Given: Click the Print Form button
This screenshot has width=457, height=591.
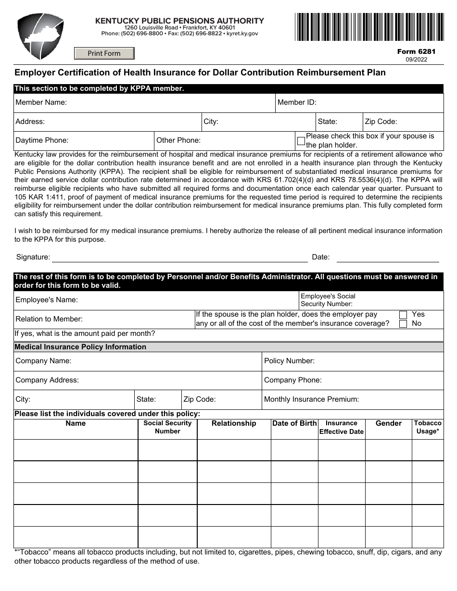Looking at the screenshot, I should (x=104, y=53).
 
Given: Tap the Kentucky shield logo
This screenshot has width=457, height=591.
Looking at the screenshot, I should (x=40, y=37).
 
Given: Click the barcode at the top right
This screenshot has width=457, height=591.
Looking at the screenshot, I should (x=369, y=27).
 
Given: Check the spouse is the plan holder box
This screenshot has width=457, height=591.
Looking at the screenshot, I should (x=301, y=141).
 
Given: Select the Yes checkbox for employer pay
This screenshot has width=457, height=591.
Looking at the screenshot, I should (x=403, y=315).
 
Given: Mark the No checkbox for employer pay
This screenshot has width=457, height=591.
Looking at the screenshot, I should (x=403, y=324).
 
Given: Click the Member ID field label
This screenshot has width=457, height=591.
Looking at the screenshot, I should (x=297, y=102).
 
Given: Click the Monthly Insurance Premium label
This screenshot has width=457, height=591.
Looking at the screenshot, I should (x=311, y=399).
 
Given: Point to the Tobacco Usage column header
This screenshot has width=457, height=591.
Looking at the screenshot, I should (x=427, y=427).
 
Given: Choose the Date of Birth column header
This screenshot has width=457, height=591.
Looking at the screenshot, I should (x=294, y=423).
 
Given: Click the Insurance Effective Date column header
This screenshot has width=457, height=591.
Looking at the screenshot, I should (x=341, y=427).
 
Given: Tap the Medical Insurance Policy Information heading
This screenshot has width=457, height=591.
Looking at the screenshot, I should (x=80, y=347).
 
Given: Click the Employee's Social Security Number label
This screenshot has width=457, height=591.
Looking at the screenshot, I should (x=328, y=300).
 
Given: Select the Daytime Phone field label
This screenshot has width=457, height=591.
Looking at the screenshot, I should (x=42, y=140).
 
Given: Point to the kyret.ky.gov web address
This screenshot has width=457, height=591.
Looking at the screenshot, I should (x=242, y=34).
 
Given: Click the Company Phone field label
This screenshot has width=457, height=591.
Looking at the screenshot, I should (x=292, y=380).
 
